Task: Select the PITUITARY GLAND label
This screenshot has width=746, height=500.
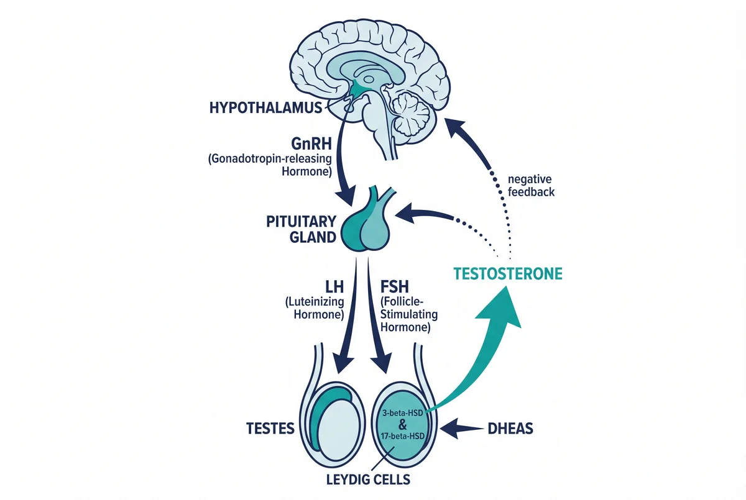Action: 302,229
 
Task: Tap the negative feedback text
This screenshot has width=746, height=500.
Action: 531,186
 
